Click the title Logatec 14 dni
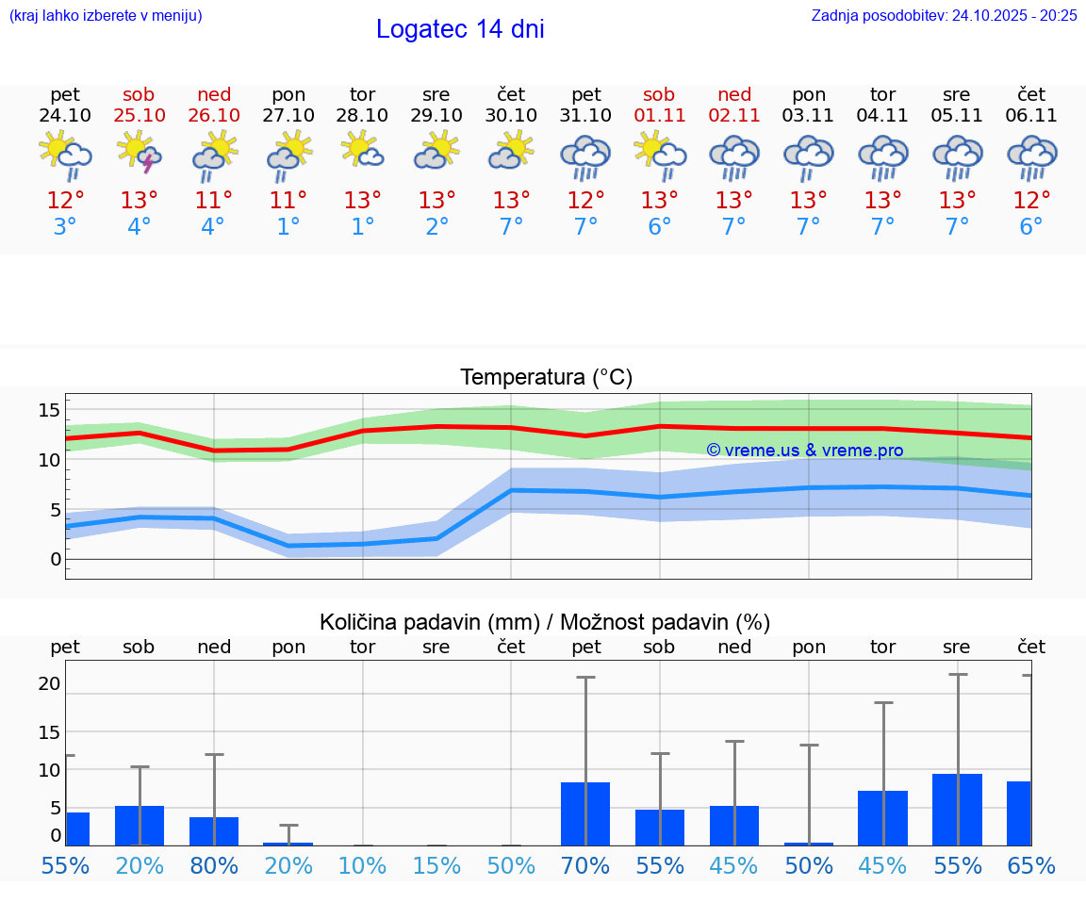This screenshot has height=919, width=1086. (x=460, y=29)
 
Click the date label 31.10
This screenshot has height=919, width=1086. (x=585, y=116)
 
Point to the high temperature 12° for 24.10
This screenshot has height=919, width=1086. (x=65, y=201)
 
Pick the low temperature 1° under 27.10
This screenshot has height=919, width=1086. (x=288, y=227)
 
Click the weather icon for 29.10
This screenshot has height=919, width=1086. (x=436, y=151)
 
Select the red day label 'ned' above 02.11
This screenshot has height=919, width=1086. (x=734, y=94)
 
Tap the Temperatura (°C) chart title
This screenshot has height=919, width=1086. (x=546, y=378)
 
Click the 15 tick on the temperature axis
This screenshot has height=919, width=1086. (x=49, y=410)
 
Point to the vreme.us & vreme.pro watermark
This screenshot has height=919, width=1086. (x=805, y=451)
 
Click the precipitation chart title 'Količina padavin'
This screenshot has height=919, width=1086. (x=545, y=622)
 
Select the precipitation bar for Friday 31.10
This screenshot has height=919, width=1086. (x=585, y=813)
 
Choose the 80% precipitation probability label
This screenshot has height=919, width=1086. (x=214, y=866)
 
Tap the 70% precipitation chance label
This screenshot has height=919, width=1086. (x=585, y=866)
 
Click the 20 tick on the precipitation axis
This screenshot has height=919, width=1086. (x=49, y=683)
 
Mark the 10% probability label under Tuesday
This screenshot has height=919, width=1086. (x=362, y=866)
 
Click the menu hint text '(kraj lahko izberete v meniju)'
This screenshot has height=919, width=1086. (x=106, y=15)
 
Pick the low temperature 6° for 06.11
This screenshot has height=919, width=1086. (x=1031, y=227)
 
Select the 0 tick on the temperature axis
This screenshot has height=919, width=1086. (x=55, y=559)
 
